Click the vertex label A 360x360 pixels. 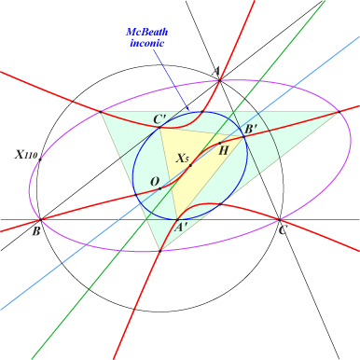coord(216,70)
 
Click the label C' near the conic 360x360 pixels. coord(160,118)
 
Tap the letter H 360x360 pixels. coord(223,149)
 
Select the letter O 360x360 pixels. coord(155,180)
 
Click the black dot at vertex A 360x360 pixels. coord(217,79)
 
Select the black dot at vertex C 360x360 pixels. coord(281,220)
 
